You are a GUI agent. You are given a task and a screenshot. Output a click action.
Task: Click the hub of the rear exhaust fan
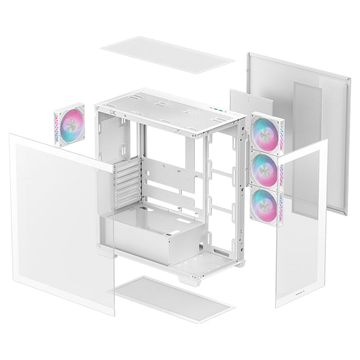coord(70,124)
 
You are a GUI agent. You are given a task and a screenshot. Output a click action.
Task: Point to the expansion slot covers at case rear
coord(129,183)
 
